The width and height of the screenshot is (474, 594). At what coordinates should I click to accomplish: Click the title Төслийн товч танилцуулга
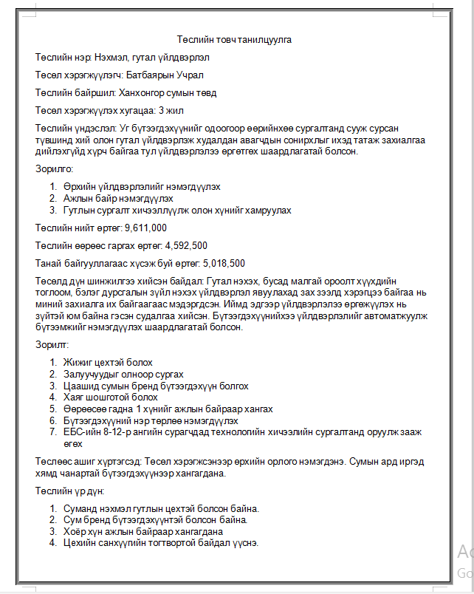(238, 39)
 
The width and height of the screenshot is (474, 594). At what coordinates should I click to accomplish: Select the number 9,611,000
(146, 228)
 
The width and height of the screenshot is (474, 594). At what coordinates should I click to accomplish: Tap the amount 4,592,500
(186, 245)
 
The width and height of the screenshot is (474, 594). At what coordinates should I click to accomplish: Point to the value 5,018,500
(224, 263)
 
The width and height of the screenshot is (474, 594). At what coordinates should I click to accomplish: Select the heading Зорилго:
(54, 169)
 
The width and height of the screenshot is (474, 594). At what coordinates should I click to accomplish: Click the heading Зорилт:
(52, 344)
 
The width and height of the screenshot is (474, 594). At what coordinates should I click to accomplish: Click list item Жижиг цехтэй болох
(108, 362)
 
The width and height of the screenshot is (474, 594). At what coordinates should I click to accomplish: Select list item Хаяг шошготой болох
(111, 397)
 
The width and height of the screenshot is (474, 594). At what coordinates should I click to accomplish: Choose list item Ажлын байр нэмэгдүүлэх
(118, 198)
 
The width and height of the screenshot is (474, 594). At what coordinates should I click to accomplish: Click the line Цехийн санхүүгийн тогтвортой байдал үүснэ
(160, 543)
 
